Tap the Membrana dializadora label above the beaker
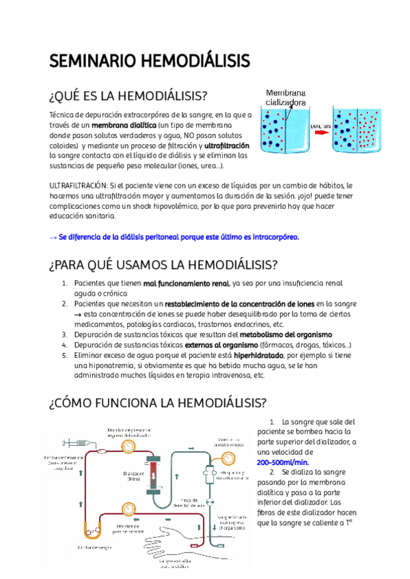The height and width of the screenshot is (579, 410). (x=286, y=98)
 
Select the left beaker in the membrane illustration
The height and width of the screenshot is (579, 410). (x=284, y=129)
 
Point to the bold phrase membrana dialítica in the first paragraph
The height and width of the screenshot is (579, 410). (x=124, y=126)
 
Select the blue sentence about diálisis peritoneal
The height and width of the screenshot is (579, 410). (x=174, y=237)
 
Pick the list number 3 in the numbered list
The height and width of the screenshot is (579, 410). (x=64, y=335)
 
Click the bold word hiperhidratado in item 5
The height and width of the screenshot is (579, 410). (x=264, y=355)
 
